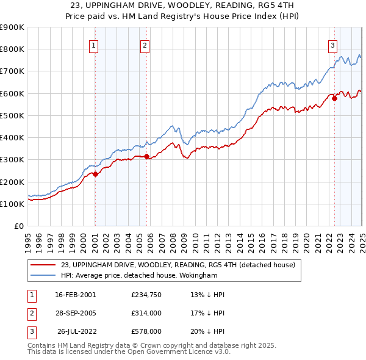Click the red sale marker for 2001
coord(95,174)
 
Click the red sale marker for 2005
coord(146,156)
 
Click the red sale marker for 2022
coord(334,98)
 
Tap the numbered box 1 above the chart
coord(94,45)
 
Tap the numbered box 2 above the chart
coord(145,45)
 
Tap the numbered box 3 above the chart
coord(332,45)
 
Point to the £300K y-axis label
coord(12,160)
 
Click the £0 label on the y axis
coord(18,226)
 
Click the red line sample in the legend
coord(44,265)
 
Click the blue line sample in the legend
coord(44,275)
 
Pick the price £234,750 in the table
coord(146,294)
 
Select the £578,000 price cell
coord(146,331)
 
